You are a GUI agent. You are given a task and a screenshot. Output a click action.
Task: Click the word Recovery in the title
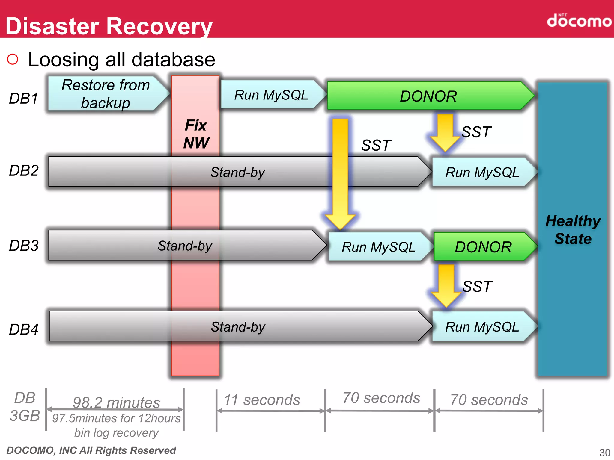pos(159,26)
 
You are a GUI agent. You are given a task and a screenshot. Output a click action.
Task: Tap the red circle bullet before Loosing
pos(13,59)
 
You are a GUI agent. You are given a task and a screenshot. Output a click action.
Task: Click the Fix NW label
pos(196,134)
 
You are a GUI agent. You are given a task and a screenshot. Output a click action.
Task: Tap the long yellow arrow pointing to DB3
pos(340,174)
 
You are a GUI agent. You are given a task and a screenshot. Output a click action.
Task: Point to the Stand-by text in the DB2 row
pos(237,172)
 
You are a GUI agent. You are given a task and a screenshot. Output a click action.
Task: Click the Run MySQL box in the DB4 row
pos(482,326)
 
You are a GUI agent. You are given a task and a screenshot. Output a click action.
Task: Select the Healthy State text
pos(573,230)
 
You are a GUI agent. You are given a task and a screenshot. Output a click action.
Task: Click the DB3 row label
pos(24,246)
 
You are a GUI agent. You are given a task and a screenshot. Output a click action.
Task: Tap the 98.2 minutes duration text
pos(116,402)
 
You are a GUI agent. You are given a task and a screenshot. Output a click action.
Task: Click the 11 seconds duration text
pos(262,400)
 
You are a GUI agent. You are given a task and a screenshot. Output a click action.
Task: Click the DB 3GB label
pos(25,407)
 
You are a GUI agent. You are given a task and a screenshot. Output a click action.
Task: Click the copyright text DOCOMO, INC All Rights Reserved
pos(91,450)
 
